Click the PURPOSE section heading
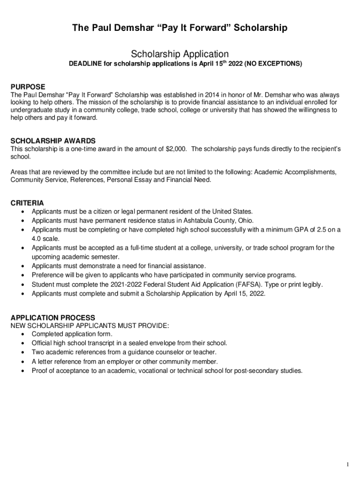[x=28, y=87]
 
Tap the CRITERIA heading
[x=27, y=203]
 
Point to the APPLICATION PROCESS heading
[x=53, y=318]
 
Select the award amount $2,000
[x=176, y=149]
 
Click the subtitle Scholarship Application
[x=180, y=54]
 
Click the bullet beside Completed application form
[x=23, y=334]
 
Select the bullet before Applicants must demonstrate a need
[x=23, y=266]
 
